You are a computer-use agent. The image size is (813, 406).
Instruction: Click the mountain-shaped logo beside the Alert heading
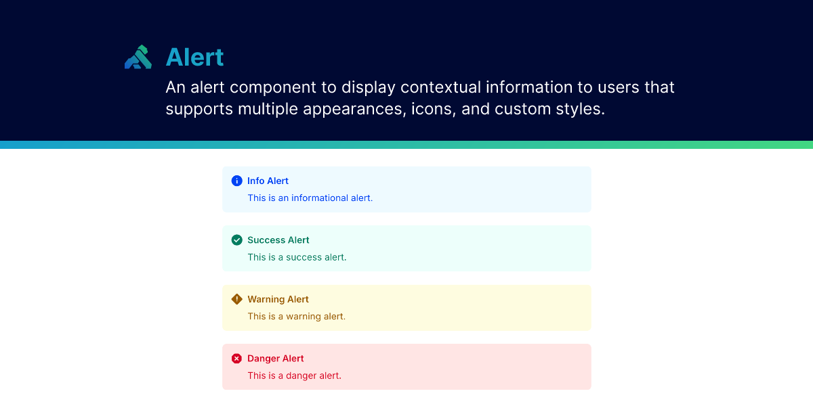[x=138, y=57]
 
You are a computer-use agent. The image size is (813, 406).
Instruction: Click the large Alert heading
[x=194, y=58]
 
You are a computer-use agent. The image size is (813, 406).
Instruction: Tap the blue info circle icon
[x=236, y=181]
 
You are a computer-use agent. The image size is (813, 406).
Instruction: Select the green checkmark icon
[x=236, y=240]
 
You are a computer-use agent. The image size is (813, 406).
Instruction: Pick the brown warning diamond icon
[x=236, y=299]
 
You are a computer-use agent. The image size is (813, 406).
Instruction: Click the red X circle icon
[x=236, y=359]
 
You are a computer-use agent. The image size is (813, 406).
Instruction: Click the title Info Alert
[x=268, y=181]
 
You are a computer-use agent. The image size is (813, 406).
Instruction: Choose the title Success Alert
[x=278, y=240]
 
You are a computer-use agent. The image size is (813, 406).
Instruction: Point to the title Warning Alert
[x=278, y=299]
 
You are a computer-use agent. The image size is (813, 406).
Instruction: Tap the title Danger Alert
[x=275, y=359]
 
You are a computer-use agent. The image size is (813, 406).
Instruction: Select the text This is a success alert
[x=297, y=257]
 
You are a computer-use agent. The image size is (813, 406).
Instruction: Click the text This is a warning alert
[x=296, y=316]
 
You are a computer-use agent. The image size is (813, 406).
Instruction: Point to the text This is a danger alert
[x=294, y=376]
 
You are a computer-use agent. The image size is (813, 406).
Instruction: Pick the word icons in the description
[x=432, y=109]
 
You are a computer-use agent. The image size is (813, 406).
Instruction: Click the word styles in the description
[x=582, y=109]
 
